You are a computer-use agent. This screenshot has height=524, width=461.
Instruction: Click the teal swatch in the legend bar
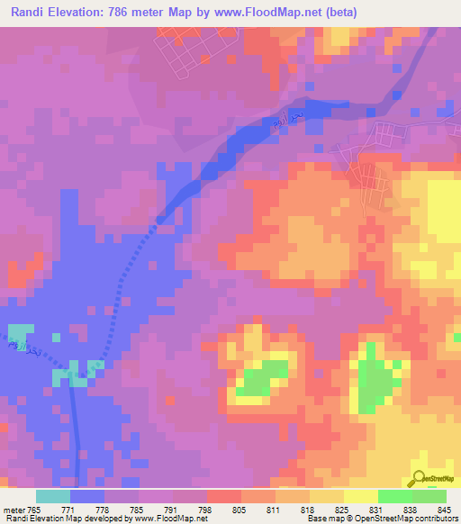(x=53, y=496)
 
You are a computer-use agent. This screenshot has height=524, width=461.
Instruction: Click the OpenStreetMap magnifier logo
(x=420, y=478)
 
